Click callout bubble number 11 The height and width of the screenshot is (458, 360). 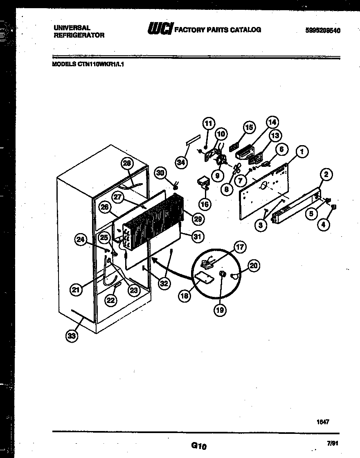click(x=209, y=123)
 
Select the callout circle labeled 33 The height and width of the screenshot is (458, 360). click(x=72, y=336)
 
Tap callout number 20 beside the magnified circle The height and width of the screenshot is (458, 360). click(x=254, y=266)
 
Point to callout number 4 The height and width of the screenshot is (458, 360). click(x=324, y=225)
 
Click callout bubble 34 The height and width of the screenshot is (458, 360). click(x=181, y=162)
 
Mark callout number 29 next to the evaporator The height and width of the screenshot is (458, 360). click(x=197, y=219)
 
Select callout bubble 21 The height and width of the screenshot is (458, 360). click(x=76, y=290)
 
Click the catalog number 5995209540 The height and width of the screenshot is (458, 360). click(x=323, y=30)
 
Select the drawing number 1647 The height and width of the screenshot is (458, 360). click(x=323, y=422)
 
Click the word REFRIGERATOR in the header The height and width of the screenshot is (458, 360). click(x=79, y=35)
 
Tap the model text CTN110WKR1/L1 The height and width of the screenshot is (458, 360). click(x=100, y=63)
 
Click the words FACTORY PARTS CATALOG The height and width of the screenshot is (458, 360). click(x=218, y=29)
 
